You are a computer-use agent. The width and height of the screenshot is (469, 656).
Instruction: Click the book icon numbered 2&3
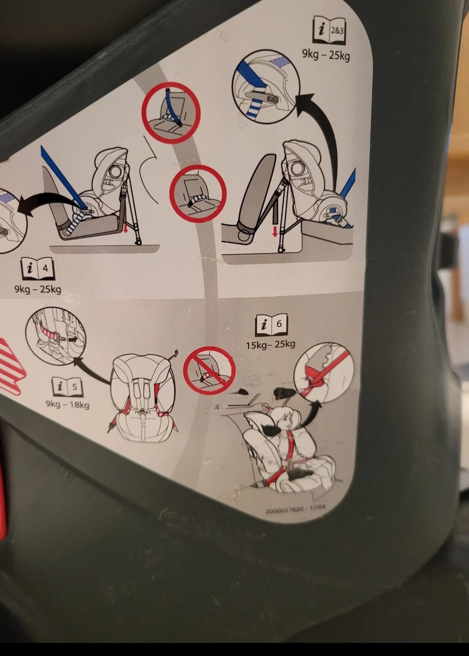pos(329,31)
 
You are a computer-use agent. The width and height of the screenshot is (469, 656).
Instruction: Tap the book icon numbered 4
pos(38,268)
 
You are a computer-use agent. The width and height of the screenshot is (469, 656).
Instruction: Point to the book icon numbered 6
pos(272,325)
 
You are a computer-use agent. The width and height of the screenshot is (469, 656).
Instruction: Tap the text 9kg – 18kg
pos(67,405)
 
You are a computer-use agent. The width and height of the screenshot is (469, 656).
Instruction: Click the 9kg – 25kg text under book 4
pos(38,289)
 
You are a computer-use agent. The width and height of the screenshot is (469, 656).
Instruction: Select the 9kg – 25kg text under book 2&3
pos(326,55)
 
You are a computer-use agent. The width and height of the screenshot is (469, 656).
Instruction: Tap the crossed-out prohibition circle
pos(210,370)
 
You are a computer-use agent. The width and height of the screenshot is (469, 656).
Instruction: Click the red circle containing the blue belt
pos(171,113)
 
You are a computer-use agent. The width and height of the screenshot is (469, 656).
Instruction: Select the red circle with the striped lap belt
pos(198,194)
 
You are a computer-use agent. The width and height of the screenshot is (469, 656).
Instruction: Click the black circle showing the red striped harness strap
pos(56,336)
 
